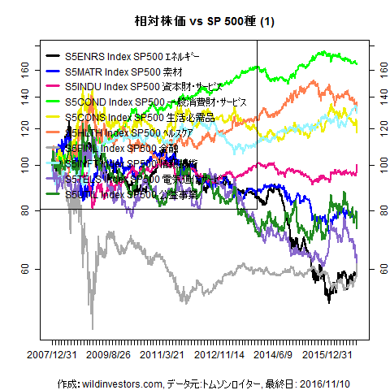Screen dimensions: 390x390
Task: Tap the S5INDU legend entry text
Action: [139, 86]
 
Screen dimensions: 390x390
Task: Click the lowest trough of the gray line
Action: [92, 327]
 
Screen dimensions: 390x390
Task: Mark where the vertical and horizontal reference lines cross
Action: [257, 209]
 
